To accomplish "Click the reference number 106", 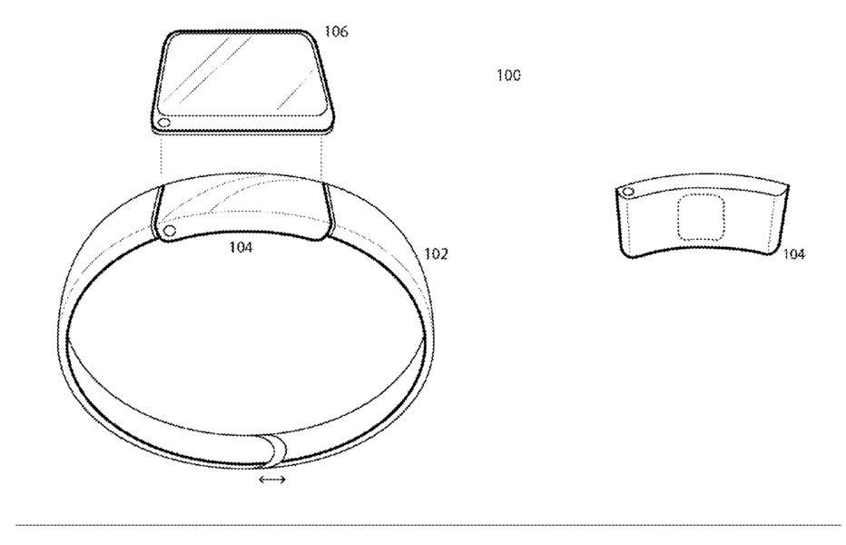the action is [336, 31].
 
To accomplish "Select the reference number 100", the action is [508, 74].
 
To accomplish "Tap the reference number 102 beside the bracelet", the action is [436, 253].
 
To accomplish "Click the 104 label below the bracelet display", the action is [241, 247].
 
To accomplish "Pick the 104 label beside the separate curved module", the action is [793, 253].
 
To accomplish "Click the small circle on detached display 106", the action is [164, 123].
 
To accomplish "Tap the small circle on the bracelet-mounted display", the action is [169, 232].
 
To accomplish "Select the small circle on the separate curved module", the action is [627, 192].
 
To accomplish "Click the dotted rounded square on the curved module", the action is [701, 217].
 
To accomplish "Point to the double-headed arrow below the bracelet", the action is [272, 479].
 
